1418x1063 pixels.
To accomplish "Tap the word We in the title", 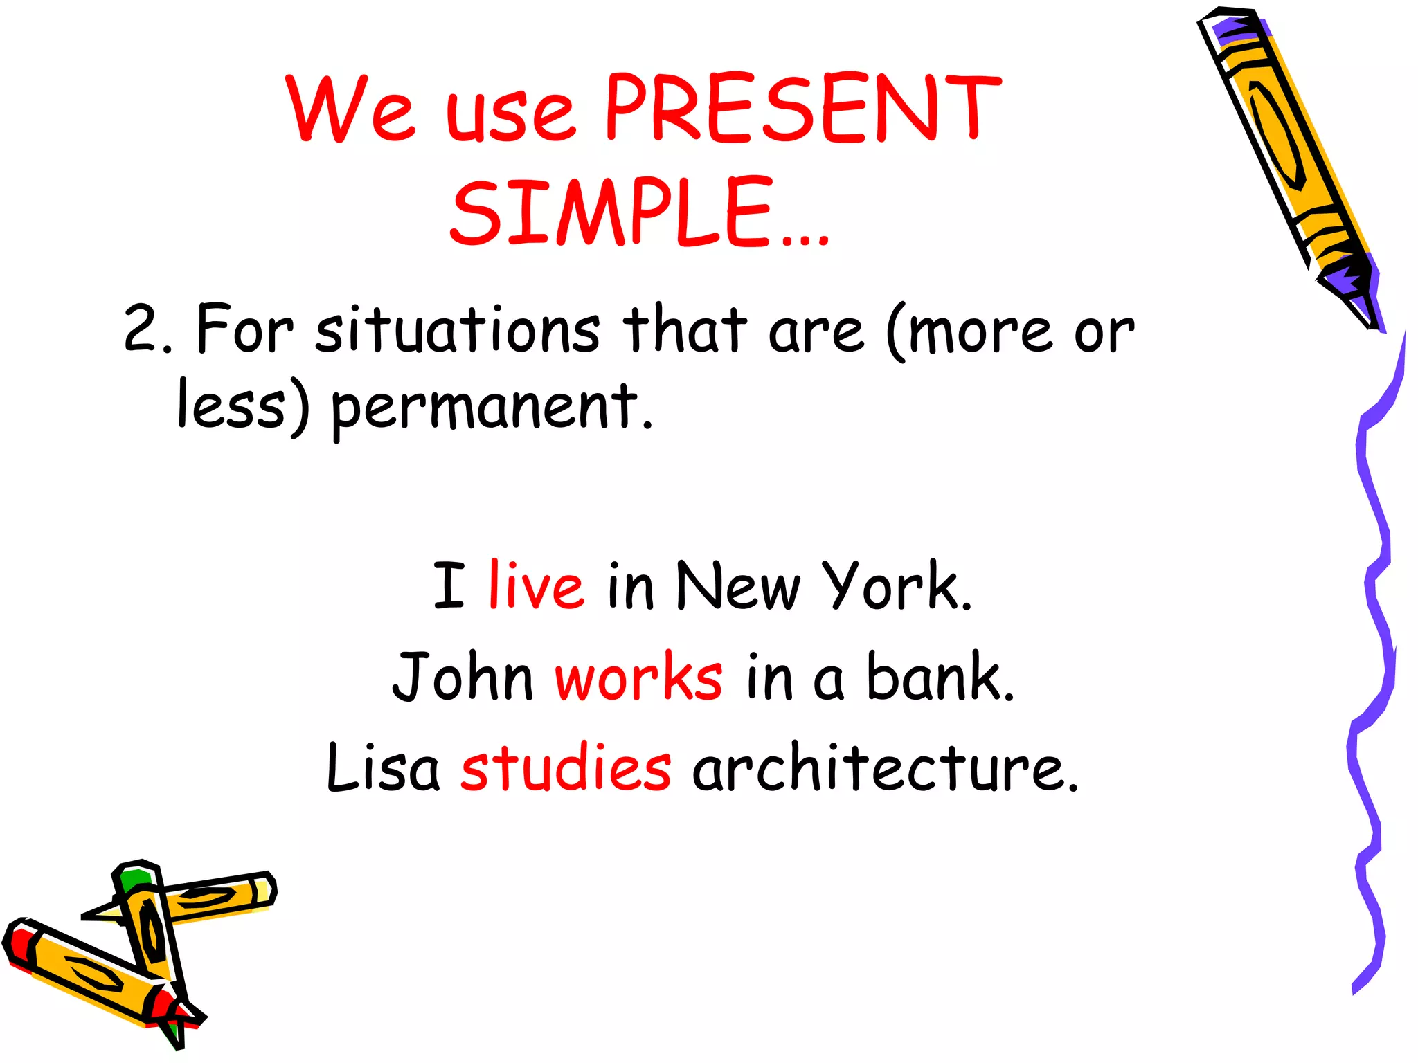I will [x=352, y=109].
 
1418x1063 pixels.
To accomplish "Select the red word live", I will [x=536, y=587].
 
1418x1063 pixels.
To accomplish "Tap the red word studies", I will [x=566, y=768].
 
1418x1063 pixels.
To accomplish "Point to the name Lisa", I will [x=383, y=768].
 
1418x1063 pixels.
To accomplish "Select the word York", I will [x=895, y=587].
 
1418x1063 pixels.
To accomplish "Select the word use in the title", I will [x=510, y=114].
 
